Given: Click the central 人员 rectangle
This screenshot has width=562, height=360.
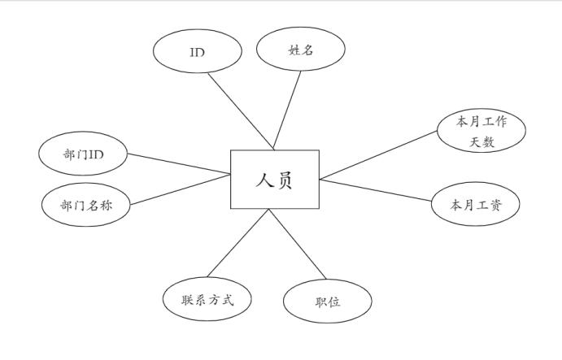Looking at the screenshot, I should click(274, 179).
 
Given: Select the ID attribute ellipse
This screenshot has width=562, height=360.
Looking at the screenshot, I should click(197, 51).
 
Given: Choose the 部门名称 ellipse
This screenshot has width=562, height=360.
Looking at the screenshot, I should click(85, 205).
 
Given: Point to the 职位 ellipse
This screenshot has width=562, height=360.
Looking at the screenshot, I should click(327, 301).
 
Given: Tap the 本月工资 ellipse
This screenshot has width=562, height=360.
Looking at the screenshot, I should click(475, 205).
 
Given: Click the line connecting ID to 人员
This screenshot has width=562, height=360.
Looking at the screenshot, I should click(240, 111).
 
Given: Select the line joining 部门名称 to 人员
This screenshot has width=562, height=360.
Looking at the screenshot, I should click(180, 189).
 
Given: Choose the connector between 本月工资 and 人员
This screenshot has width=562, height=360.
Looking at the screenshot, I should click(376, 191).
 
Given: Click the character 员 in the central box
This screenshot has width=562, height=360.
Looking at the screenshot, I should click(284, 180).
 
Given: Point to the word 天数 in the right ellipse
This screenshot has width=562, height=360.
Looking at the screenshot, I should click(482, 143).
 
